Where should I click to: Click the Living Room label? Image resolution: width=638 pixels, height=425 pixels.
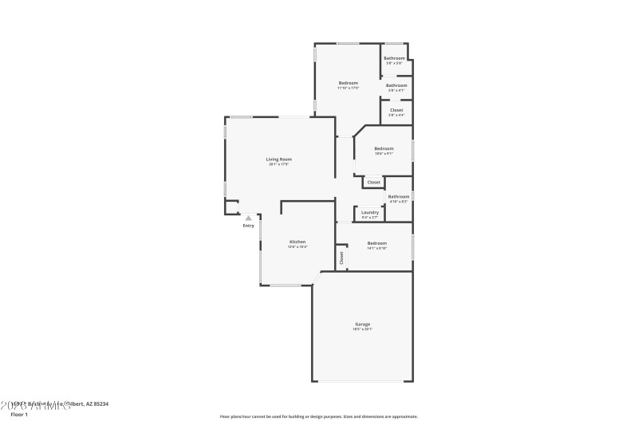point(278,159)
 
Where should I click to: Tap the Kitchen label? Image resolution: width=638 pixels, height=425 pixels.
point(297,242)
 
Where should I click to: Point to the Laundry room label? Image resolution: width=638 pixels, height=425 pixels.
point(370,212)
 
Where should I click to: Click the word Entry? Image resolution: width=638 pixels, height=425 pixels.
point(249,226)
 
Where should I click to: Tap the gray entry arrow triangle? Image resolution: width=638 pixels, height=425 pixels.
point(249,217)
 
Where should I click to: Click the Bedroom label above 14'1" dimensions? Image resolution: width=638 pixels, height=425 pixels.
point(377,243)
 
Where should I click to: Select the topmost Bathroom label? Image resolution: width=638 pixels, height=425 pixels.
point(395,58)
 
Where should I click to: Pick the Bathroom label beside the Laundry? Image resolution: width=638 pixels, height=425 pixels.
point(399,196)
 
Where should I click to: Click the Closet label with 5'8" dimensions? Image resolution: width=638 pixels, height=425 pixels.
point(396,110)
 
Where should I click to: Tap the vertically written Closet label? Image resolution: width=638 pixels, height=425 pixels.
point(341,258)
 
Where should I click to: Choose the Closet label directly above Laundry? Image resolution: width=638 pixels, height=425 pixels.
point(374,183)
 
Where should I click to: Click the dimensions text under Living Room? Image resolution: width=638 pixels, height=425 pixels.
point(278,165)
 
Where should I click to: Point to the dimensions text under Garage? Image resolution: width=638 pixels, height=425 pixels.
point(363,329)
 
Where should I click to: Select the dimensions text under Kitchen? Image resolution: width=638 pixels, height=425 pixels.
point(297,247)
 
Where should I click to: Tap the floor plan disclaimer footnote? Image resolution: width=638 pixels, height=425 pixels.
point(318,416)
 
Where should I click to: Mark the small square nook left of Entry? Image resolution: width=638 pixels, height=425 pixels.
point(231,207)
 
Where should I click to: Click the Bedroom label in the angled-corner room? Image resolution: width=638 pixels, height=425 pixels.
point(384,148)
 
